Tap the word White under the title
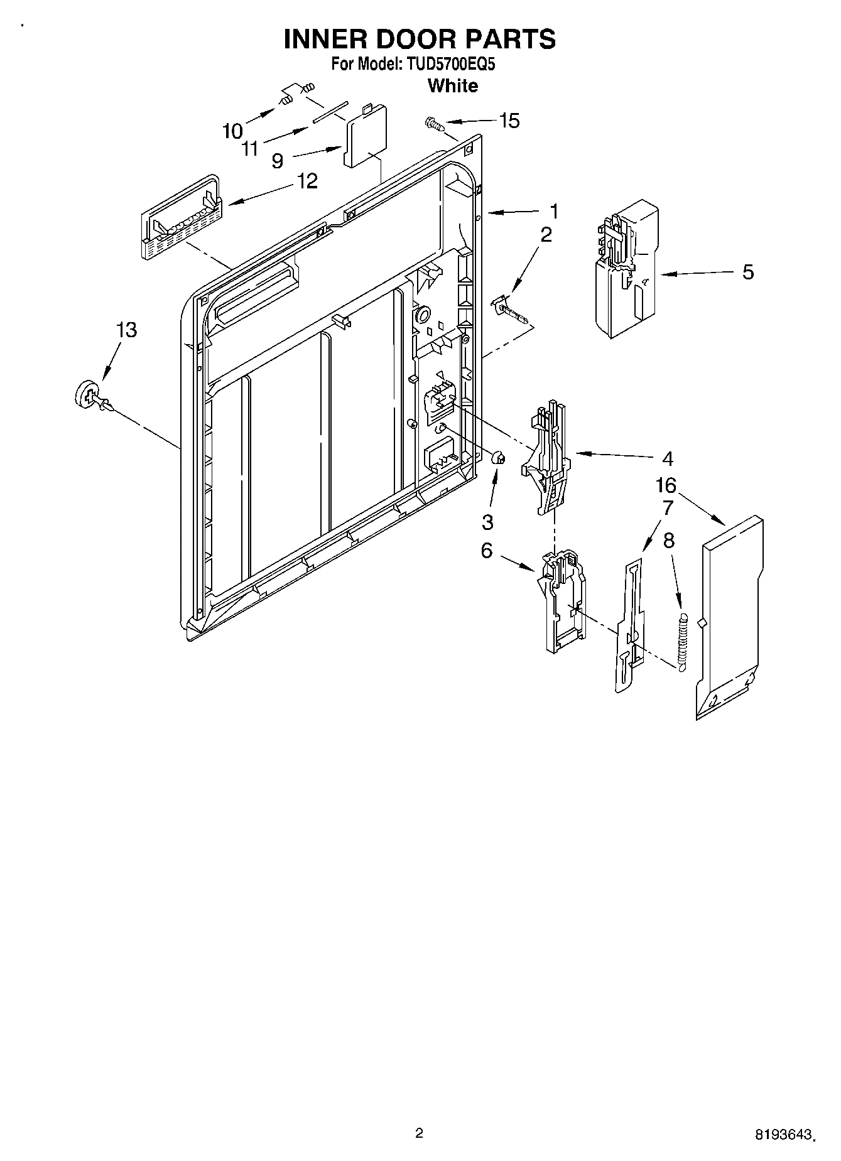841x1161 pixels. click(x=452, y=85)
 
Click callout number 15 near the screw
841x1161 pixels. click(x=509, y=121)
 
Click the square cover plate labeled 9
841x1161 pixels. click(x=364, y=138)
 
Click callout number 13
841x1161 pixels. click(x=127, y=330)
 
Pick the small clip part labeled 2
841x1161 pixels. click(x=510, y=310)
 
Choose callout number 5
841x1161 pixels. click(x=747, y=272)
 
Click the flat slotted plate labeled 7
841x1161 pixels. click(x=629, y=628)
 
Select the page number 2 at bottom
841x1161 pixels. click(x=419, y=1133)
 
